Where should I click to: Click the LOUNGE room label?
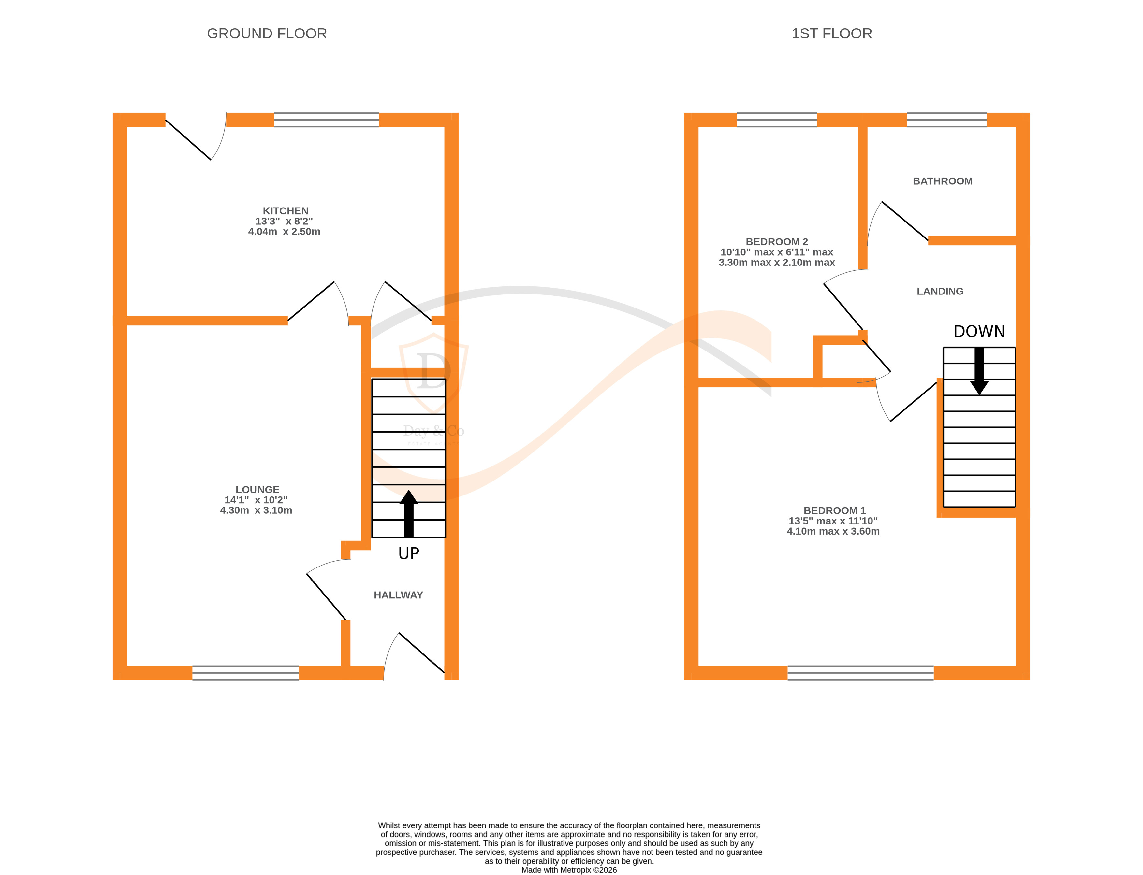257,490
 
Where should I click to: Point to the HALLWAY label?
398,595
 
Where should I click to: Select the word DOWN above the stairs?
979,332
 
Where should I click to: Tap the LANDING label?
940,292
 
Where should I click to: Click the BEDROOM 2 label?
777,242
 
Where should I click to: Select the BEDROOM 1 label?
834,511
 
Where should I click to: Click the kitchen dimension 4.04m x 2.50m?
284,232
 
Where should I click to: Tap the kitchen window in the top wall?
326,120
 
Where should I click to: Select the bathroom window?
946,120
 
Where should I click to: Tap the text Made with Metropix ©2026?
569,870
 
